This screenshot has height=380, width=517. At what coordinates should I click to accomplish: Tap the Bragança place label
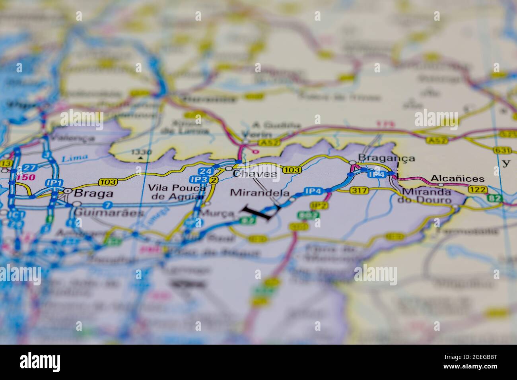[386, 158]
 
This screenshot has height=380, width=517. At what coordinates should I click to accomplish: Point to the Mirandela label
[260, 193]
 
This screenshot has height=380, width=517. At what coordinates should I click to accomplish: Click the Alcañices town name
[458, 178]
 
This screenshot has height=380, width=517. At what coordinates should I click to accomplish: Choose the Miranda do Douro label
[427, 196]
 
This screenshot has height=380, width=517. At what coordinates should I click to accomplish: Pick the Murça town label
[217, 213]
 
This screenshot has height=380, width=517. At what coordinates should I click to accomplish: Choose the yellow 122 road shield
[477, 189]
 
